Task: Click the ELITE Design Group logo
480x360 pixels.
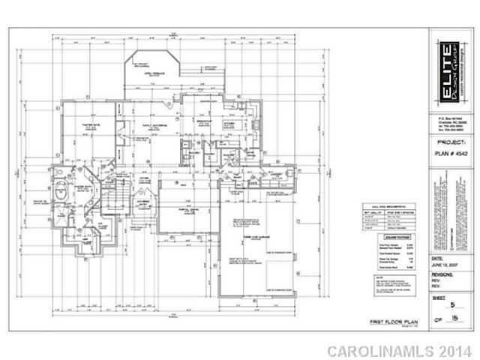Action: [445, 72]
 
